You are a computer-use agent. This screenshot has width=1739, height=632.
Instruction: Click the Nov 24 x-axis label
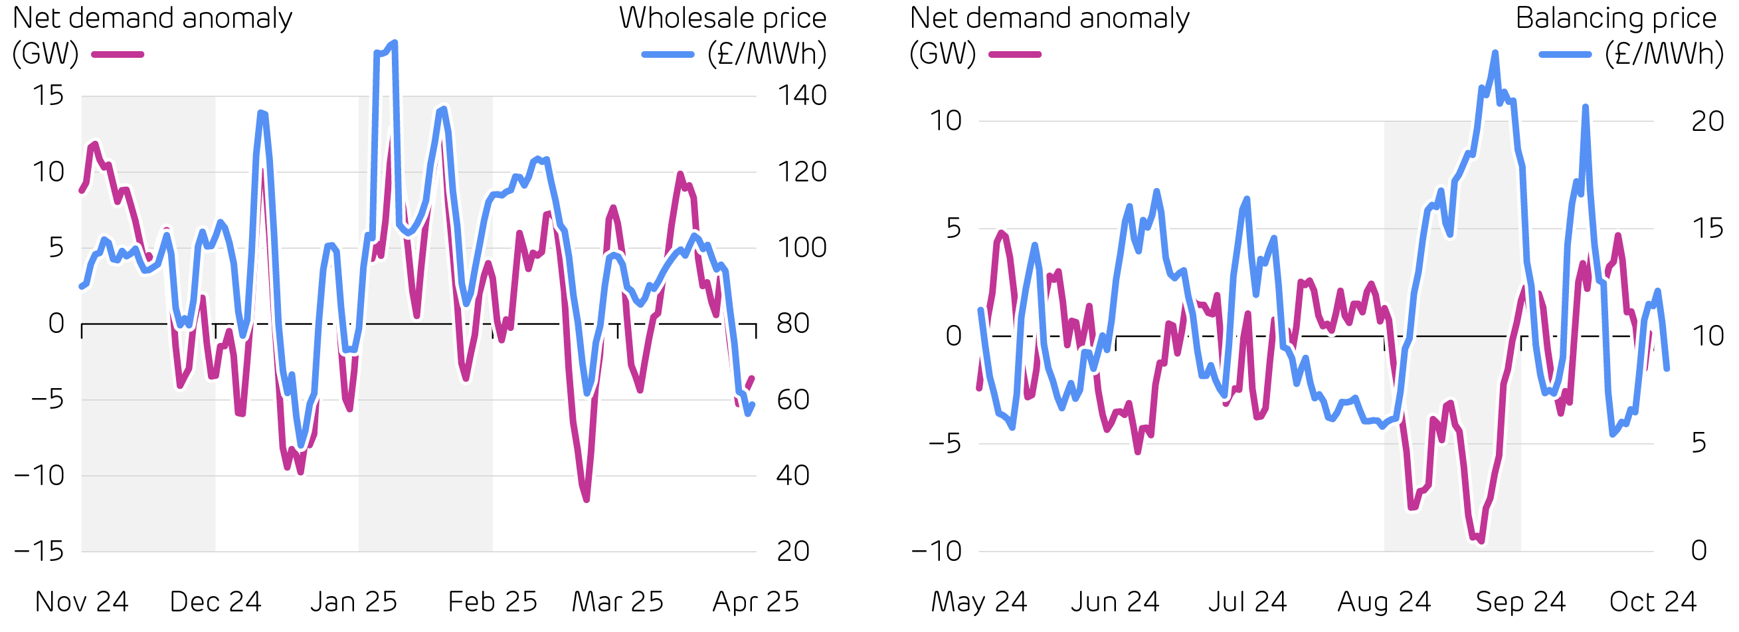pyautogui.click(x=82, y=601)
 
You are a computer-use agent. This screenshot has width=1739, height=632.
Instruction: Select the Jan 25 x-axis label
pyautogui.click(x=354, y=601)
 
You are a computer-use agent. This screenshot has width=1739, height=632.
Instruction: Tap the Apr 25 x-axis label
pyautogui.click(x=755, y=601)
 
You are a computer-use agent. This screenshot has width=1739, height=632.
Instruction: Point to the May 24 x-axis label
pyautogui.click(x=979, y=601)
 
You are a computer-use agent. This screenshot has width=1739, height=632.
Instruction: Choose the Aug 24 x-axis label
pyautogui.click(x=1384, y=601)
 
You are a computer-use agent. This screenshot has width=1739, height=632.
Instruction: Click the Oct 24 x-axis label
pyautogui.click(x=1653, y=601)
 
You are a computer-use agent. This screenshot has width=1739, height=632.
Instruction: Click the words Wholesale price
pyautogui.click(x=722, y=18)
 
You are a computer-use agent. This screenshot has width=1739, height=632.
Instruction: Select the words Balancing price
pyautogui.click(x=1615, y=18)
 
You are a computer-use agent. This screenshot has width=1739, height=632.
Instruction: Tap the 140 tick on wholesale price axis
pyautogui.click(x=801, y=95)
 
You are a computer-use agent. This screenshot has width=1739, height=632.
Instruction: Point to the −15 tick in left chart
pyautogui.click(x=39, y=552)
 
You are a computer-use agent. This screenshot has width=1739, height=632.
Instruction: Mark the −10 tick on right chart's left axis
pyautogui.click(x=937, y=552)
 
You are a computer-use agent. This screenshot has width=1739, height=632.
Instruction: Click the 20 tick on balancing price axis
pyautogui.click(x=1707, y=122)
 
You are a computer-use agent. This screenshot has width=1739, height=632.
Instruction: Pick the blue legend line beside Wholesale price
pyautogui.click(x=668, y=54)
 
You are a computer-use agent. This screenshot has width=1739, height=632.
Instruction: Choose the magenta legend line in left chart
pyautogui.click(x=118, y=54)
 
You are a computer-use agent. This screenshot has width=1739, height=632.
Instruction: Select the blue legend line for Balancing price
pyautogui.click(x=1565, y=54)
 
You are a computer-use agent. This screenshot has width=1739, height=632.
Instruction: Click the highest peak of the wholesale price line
pyautogui.click(x=395, y=43)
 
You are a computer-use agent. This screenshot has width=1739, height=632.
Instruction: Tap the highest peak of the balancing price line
pyautogui.click(x=1495, y=53)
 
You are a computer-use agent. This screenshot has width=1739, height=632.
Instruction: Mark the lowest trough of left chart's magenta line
pyautogui.click(x=587, y=500)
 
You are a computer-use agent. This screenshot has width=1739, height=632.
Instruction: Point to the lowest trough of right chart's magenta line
pyautogui.click(x=1481, y=542)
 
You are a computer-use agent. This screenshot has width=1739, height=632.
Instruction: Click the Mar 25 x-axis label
pyautogui.click(x=618, y=601)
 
